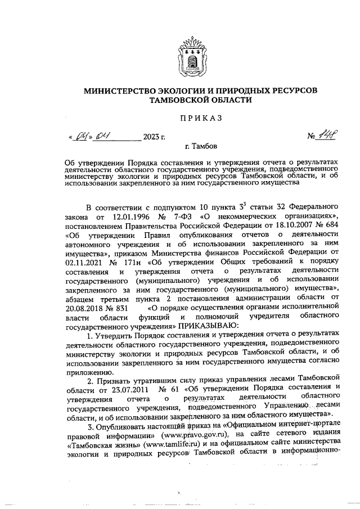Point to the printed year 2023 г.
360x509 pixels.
coord(154,137)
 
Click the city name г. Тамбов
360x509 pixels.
coord(200,147)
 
